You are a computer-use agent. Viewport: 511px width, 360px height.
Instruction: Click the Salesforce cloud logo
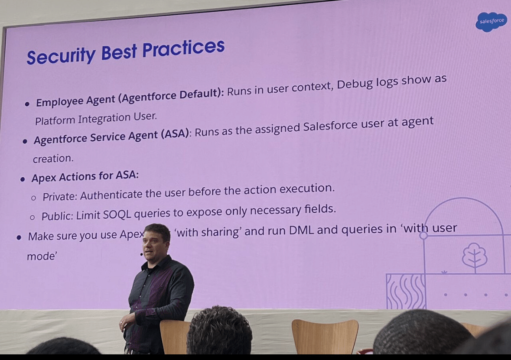point(491,21)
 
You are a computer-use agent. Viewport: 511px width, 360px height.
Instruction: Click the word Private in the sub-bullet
point(59,196)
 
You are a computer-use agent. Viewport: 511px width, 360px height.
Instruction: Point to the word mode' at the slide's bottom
point(42,256)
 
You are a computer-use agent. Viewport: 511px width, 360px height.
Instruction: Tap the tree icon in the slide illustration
point(474,257)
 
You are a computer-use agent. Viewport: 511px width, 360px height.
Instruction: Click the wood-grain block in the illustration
point(406,290)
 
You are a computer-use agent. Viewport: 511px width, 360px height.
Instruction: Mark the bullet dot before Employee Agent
point(27,104)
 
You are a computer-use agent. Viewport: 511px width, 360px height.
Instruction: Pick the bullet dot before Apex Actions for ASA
point(23,179)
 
